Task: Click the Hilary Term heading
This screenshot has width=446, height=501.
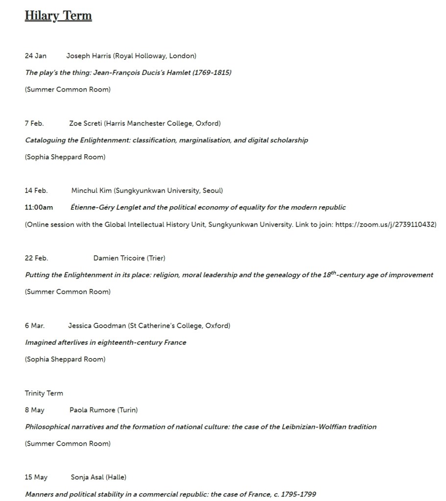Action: (58, 16)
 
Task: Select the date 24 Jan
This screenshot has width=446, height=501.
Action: (36, 56)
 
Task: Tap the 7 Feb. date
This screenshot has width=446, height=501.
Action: (34, 123)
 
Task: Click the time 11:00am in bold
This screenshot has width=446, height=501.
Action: (39, 207)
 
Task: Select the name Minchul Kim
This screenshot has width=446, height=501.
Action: (92, 191)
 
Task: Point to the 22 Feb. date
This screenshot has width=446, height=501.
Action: (36, 258)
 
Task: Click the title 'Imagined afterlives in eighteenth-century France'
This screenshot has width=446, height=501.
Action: (106, 342)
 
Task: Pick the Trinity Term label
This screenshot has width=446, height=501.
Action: (44, 393)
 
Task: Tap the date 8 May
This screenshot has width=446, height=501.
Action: (35, 410)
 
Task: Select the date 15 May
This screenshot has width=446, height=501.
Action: (36, 477)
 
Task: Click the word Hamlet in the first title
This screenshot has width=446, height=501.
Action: (178, 72)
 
